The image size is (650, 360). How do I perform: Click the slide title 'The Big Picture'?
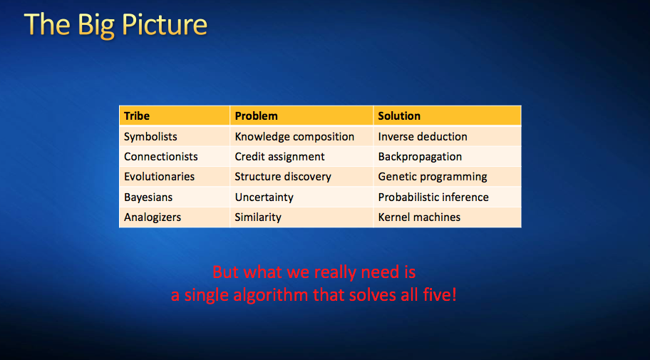[x=115, y=25]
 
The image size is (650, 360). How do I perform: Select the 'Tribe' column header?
[x=137, y=115]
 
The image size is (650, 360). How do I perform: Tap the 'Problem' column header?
[x=256, y=115]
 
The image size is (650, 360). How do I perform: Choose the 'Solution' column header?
[x=399, y=115]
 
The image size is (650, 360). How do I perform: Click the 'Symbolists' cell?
[x=150, y=136]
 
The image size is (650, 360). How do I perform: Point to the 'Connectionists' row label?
[x=161, y=156]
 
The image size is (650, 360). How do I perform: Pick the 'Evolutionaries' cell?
[x=159, y=176]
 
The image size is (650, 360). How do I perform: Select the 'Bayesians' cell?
[x=148, y=197]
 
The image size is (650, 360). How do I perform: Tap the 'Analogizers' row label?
[x=153, y=217]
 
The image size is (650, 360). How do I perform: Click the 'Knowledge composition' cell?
[x=294, y=136]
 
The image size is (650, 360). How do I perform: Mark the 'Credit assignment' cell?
[x=279, y=156]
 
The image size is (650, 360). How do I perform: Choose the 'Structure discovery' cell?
[x=283, y=176]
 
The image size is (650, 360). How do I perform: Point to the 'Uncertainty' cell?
[x=264, y=197]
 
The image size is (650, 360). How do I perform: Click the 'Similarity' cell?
[x=258, y=217]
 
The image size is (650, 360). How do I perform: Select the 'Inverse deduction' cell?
[x=423, y=136]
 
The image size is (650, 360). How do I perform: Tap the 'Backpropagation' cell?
[x=420, y=156]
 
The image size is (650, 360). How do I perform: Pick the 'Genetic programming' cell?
[x=433, y=176]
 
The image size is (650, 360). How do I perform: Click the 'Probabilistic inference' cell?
[x=433, y=197]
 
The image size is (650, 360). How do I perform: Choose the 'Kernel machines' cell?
[x=419, y=217]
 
